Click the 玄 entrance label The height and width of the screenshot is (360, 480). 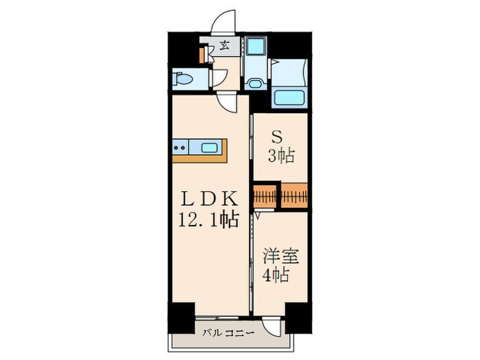(224, 47)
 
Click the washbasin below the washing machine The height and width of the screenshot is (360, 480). (255, 84)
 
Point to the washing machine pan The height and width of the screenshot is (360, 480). (256, 47)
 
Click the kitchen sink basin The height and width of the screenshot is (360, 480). (209, 146)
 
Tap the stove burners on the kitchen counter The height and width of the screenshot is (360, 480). (180, 146)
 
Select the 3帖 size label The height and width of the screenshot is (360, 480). (281, 156)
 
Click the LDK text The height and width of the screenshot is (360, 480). (208, 199)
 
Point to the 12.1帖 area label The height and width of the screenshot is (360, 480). (208, 220)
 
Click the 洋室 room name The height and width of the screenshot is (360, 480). (280, 256)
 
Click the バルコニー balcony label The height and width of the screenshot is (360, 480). (228, 333)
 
